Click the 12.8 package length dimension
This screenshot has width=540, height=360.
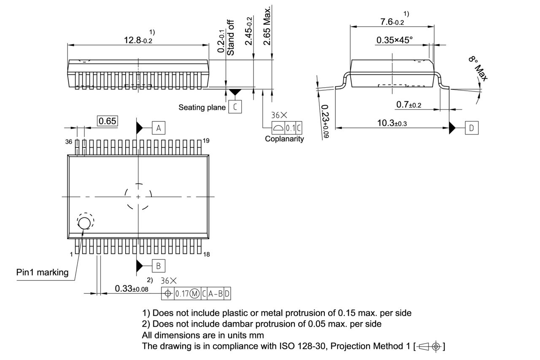click(138, 40)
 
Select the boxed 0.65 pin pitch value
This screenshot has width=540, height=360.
click(107, 121)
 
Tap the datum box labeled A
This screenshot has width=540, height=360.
click(158, 128)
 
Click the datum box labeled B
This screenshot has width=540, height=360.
click(158, 266)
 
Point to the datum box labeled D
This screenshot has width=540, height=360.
click(471, 128)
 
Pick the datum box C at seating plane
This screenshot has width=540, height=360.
click(235, 107)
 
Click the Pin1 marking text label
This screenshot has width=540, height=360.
click(42, 272)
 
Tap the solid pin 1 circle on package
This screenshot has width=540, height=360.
click(84, 223)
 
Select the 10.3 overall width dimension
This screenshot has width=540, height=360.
click(392, 123)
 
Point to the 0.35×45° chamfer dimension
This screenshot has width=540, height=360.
click(394, 40)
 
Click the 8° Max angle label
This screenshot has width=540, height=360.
click(478, 69)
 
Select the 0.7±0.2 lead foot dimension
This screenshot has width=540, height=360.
click(408, 105)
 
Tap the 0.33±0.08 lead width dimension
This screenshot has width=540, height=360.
click(132, 289)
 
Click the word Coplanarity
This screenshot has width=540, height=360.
click(284, 139)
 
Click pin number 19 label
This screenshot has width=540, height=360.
click(206, 141)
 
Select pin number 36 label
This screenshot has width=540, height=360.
click(69, 142)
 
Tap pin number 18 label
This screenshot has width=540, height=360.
click(206, 254)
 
